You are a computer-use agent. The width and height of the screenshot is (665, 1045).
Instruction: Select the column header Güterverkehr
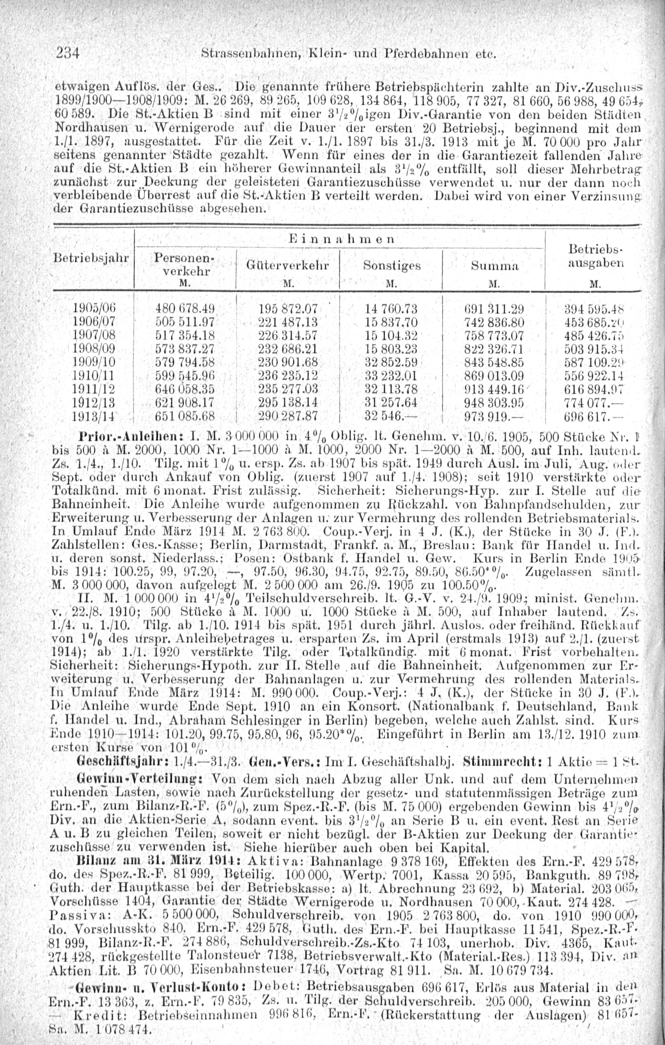pos(288,265)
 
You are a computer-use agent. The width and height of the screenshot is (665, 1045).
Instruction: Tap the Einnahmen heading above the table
pos(341,239)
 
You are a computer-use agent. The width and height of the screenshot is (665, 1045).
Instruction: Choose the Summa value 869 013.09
pos(494,376)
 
